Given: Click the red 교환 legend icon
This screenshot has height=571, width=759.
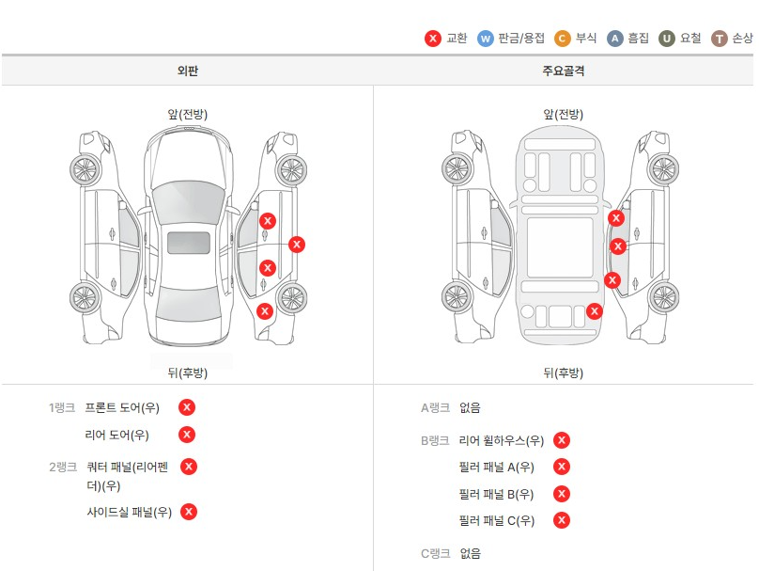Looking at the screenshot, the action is pos(432,39).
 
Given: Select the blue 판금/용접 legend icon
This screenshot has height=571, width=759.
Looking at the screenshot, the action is pos(486,39).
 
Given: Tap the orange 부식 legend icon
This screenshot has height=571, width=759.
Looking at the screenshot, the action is pos(562,39).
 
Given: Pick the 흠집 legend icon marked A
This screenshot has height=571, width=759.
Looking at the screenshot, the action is pos(615,39).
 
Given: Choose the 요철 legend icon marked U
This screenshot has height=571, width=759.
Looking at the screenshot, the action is pos(667,39).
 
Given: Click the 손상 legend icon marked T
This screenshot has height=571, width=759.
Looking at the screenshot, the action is pos(720,39).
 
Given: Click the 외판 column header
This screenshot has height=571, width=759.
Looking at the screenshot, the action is pos(188,71).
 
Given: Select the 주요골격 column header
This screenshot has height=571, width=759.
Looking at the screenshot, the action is pos(564,71).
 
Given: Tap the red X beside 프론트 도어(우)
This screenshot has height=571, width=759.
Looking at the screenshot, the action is pos(187,407).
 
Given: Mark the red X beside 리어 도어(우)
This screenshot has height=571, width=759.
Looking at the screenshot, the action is pos(187,434).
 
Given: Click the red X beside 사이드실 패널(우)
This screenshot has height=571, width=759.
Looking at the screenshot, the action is pos(189,512).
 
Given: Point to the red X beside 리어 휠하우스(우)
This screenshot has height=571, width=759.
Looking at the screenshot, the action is pos(562,440).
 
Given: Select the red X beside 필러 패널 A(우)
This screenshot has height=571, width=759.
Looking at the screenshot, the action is pos(562,467).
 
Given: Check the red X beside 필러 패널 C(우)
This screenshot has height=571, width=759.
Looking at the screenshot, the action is pos(562,520).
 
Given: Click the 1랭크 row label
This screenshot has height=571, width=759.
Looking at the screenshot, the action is pos(62,408).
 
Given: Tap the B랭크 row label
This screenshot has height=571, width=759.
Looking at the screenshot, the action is pos(435,440).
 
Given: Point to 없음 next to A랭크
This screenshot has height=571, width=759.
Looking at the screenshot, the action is pos(470,408).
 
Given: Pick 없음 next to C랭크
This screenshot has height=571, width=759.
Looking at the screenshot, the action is pos(470,553).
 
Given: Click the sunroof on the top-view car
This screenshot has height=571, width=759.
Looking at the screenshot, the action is pos(188,243).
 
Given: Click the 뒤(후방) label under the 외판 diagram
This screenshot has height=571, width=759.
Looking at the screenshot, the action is pos(188,373).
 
